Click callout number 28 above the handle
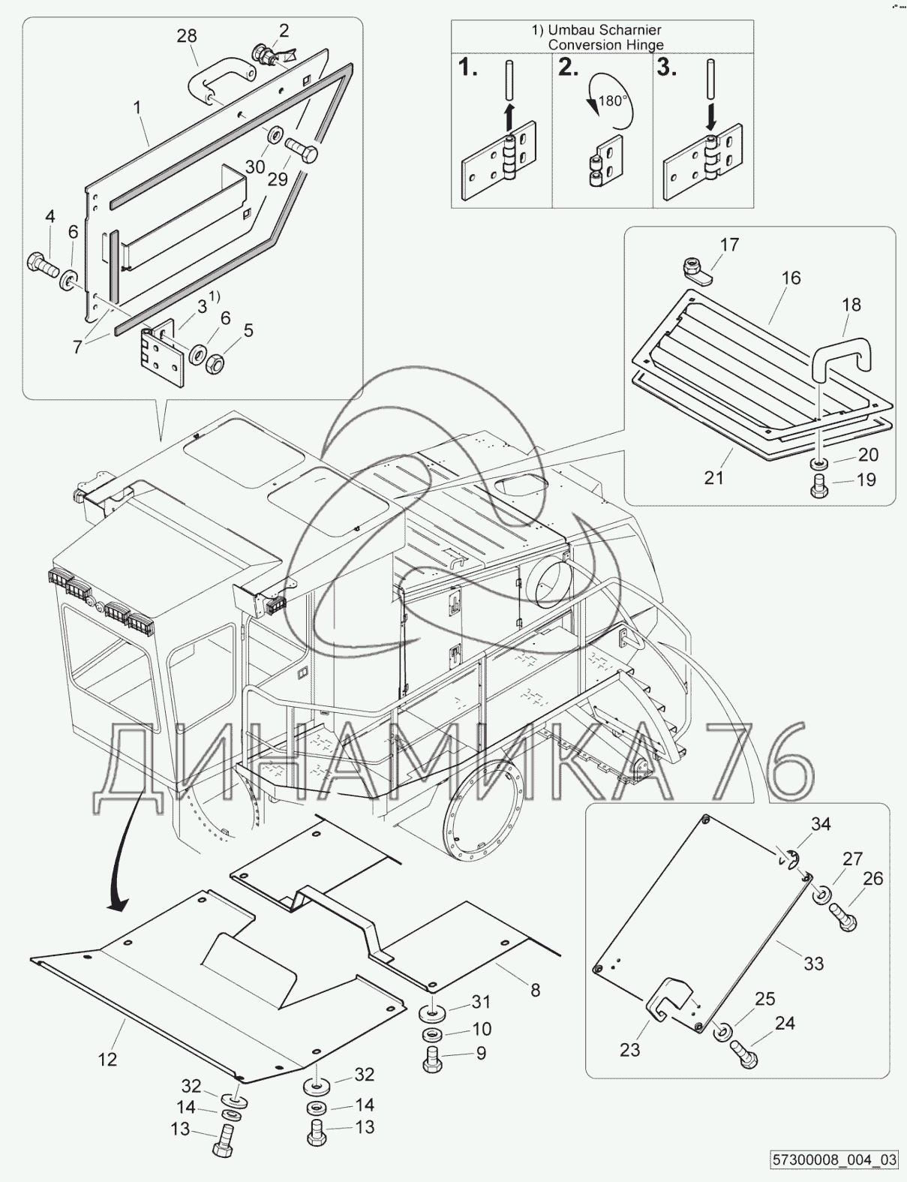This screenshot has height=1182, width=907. (187, 36)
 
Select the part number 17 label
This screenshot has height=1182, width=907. (729, 245)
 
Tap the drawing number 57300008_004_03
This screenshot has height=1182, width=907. (835, 1161)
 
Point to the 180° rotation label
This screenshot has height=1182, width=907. (612, 101)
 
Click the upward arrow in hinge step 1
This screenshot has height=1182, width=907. (509, 116)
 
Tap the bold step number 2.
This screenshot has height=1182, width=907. (568, 68)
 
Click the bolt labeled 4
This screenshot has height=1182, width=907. (44, 265)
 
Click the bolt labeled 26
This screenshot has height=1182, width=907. (842, 916)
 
